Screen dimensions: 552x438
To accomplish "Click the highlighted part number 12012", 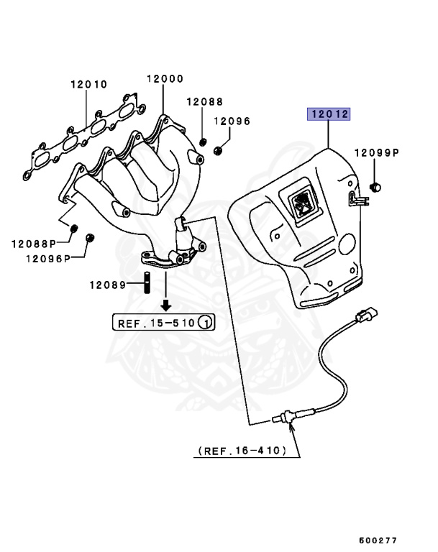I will tap(329, 114).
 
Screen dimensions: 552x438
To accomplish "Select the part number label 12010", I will tap(88, 84).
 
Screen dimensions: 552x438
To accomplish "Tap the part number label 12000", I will tap(165, 78).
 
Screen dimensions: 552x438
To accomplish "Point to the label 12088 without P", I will tap(205, 103).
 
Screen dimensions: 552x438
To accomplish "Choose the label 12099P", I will tap(376, 153).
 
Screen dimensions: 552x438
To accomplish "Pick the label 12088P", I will tap(34, 244).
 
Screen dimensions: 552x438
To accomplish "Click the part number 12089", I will tap(107, 285).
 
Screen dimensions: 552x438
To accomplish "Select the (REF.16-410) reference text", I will tap(242, 451).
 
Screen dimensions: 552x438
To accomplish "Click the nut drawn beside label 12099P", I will tap(375, 188).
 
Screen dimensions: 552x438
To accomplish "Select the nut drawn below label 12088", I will tap(205, 139).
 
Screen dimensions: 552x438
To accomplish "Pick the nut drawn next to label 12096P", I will tap(90, 238).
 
